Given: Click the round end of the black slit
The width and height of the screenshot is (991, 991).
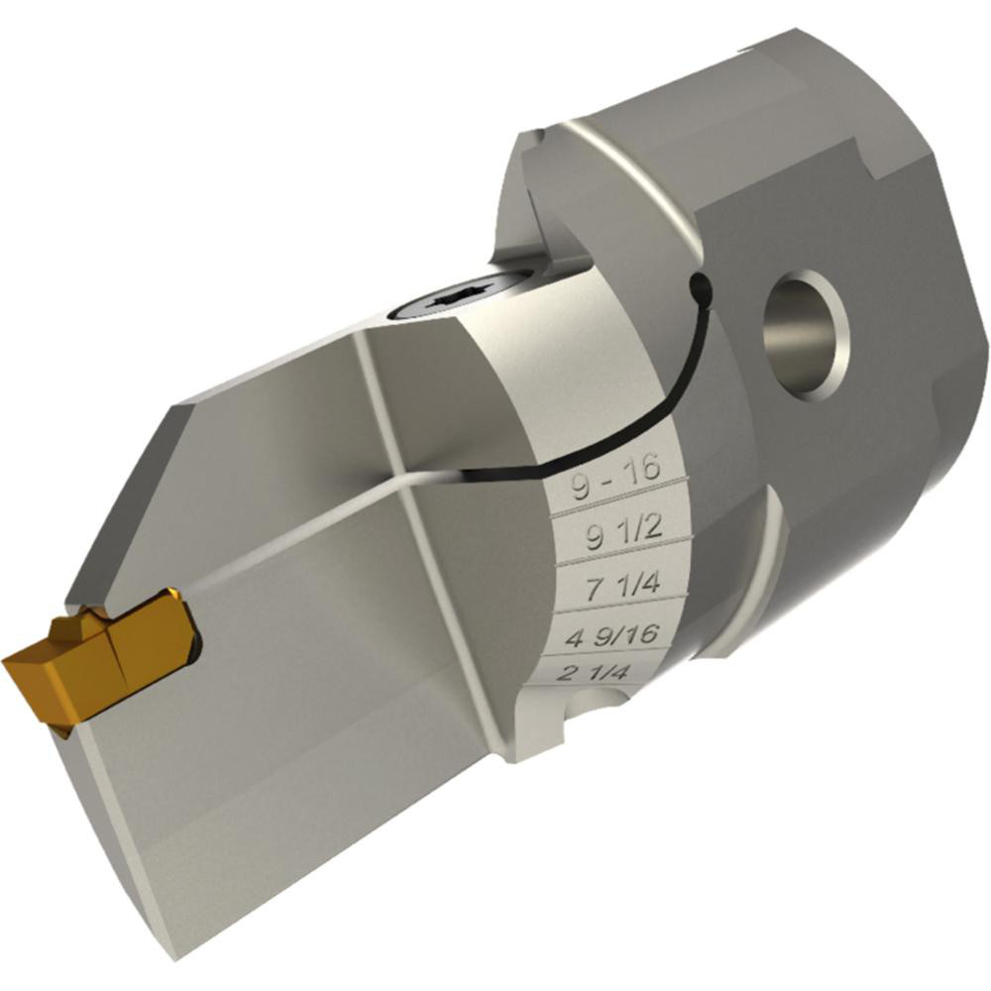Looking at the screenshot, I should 700,287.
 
